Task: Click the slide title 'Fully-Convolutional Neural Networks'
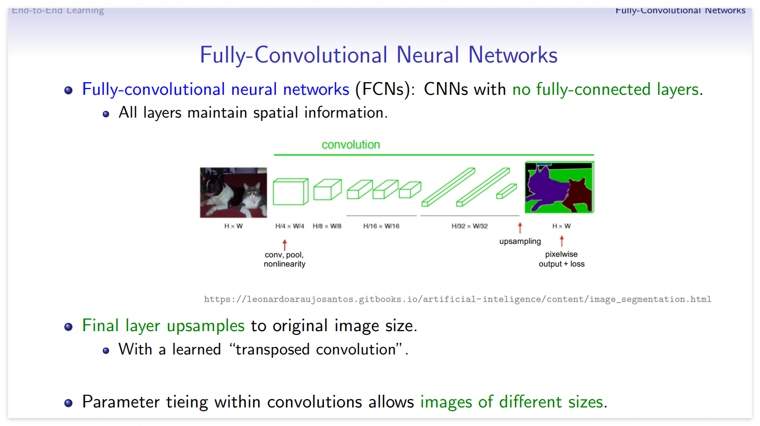tap(379, 55)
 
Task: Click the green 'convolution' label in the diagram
tap(351, 145)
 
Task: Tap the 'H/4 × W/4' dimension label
tap(290, 226)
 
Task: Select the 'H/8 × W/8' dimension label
tap(327, 226)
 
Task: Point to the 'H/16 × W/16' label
tap(381, 226)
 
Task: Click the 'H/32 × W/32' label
tap(469, 226)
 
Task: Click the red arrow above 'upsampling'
tap(520, 228)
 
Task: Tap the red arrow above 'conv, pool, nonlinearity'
tap(285, 244)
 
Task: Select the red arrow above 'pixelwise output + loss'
tap(562, 242)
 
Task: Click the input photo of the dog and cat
tap(233, 192)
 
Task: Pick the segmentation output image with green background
tap(560, 188)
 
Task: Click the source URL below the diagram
tap(457, 299)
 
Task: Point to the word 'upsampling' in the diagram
tap(520, 242)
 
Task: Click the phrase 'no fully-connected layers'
tap(605, 89)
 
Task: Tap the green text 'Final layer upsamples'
tap(163, 325)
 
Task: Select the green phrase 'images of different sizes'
tap(512, 402)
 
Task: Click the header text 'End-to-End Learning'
tap(58, 10)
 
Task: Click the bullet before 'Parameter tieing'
tap(68, 403)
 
